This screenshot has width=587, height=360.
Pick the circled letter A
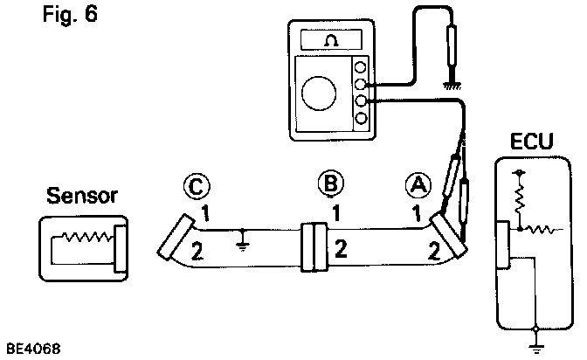(x=417, y=185)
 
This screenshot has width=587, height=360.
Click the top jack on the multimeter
(x=361, y=68)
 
